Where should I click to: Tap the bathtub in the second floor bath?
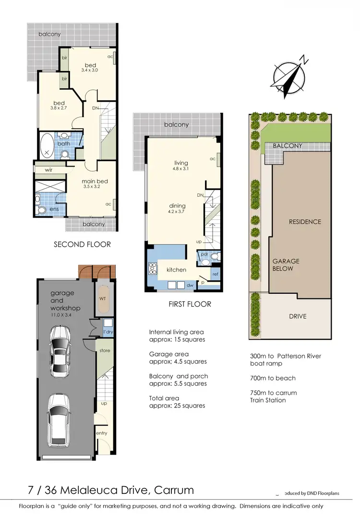click(x=47, y=146)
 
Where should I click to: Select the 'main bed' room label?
click(x=95, y=181)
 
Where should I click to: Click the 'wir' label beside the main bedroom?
click(x=48, y=170)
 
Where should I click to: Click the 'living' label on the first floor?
click(x=181, y=163)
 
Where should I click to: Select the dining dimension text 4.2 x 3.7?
click(x=177, y=211)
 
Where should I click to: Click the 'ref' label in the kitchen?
click(x=215, y=274)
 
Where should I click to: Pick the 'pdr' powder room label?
click(x=204, y=254)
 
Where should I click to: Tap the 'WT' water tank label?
click(x=102, y=299)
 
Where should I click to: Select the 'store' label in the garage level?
click(x=105, y=350)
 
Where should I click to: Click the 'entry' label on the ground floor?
click(x=102, y=433)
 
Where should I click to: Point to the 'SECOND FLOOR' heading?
click(x=82, y=244)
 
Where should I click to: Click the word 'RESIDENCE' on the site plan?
click(x=304, y=222)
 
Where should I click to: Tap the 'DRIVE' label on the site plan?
click(x=297, y=316)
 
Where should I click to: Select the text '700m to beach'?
click(x=273, y=378)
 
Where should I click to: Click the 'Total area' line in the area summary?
click(x=164, y=398)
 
